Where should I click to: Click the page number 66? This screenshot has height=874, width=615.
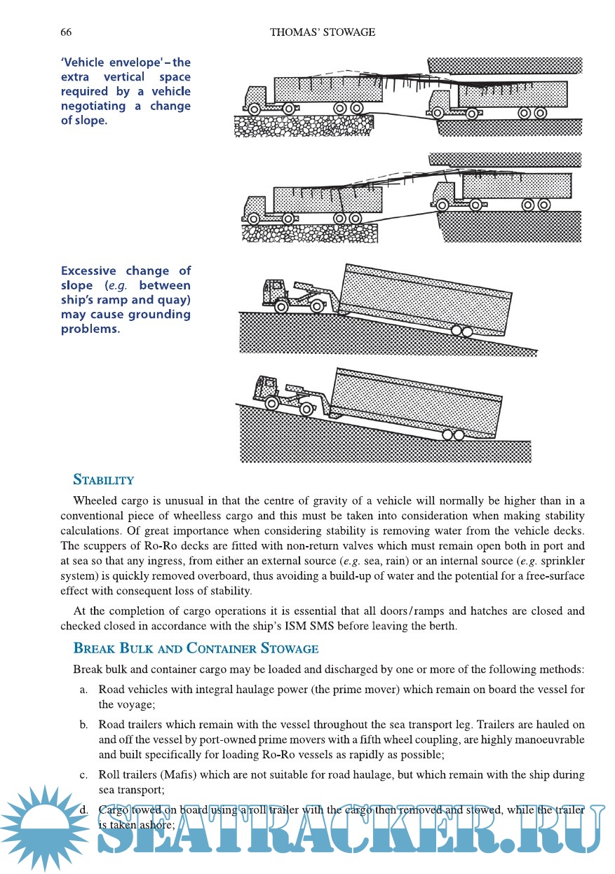coord(66,32)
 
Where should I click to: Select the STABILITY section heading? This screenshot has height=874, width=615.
coord(104,480)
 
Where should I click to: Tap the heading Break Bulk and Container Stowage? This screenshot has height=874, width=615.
coord(196,648)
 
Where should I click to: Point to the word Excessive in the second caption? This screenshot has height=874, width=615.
coord(89,271)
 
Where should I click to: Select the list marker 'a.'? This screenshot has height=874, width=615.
coord(83,689)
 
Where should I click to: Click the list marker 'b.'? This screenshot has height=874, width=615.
coord(83,724)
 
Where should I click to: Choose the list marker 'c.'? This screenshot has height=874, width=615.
coord(83,774)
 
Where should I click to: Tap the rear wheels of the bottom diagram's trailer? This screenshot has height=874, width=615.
coord(452,435)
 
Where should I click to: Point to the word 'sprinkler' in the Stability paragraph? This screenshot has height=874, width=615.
coord(561,560)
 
